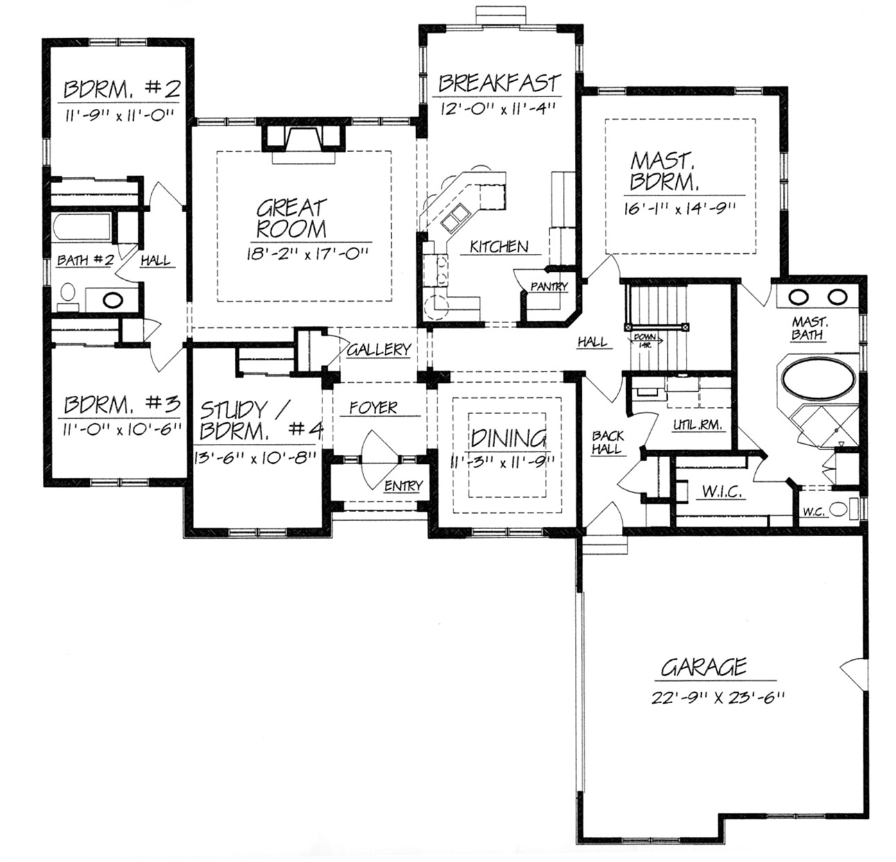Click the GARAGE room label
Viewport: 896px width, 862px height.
703,667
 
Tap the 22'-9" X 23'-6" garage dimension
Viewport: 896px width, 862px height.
717,698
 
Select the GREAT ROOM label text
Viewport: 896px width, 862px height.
291,218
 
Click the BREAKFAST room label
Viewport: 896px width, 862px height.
499,84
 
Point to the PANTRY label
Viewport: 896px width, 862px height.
549,286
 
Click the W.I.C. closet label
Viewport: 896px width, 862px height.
723,492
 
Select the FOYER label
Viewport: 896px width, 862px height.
373,408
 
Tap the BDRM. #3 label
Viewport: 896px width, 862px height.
122,404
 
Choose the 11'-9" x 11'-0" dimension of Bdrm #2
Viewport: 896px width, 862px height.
117,116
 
